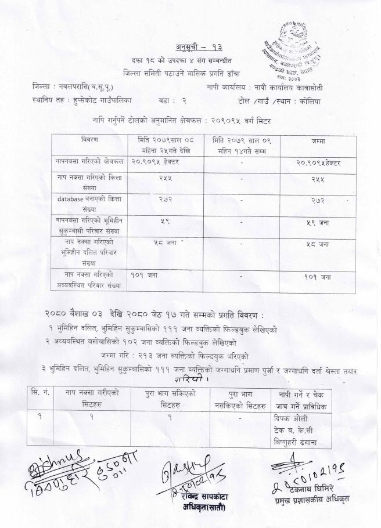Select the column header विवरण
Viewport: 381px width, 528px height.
pyautogui.click(x=89, y=141)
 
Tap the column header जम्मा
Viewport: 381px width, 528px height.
pyautogui.click(x=318, y=141)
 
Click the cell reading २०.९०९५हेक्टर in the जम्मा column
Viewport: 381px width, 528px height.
pyautogui.click(x=318, y=162)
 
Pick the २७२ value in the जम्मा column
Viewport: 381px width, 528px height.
pyautogui.click(x=318, y=199)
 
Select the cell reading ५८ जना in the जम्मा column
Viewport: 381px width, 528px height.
pyautogui.click(x=318, y=245)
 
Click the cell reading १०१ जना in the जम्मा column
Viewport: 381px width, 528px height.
pyautogui.click(x=318, y=277)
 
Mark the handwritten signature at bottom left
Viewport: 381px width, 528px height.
pyautogui.click(x=64, y=470)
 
